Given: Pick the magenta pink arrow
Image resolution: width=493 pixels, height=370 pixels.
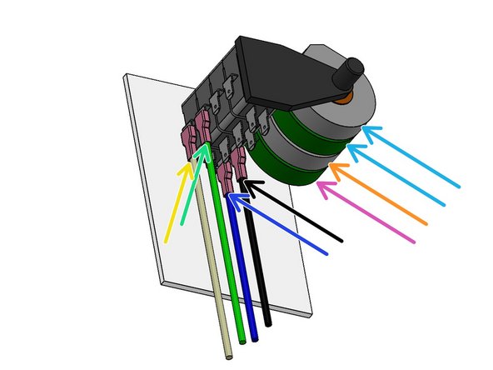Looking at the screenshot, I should pyautogui.click(x=366, y=214).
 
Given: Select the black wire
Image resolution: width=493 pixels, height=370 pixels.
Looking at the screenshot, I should pyautogui.click(x=261, y=267).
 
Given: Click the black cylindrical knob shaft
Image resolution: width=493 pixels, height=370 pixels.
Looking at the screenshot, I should pyautogui.click(x=351, y=76).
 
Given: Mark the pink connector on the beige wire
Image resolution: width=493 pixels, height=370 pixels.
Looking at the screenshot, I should pyautogui.click(x=188, y=141).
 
